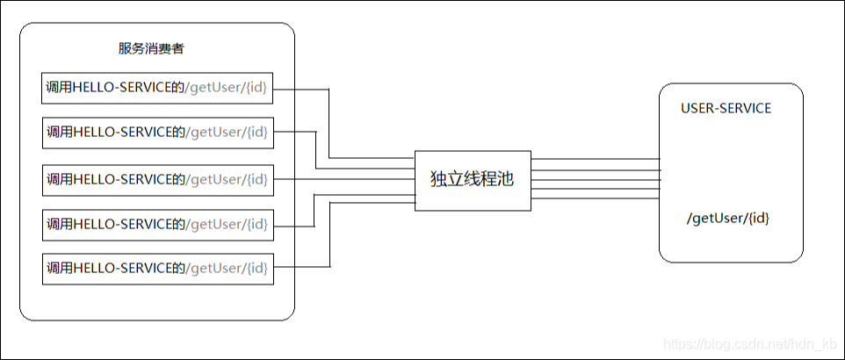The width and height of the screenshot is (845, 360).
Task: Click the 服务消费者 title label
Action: (x=151, y=48)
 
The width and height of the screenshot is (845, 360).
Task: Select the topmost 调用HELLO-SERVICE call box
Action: (x=158, y=88)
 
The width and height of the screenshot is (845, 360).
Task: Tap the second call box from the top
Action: (x=158, y=133)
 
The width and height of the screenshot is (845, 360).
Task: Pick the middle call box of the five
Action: (x=158, y=179)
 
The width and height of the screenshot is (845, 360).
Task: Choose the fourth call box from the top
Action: (x=158, y=224)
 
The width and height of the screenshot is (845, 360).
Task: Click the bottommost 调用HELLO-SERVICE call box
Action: (x=158, y=268)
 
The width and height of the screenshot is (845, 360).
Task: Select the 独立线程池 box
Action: (x=473, y=180)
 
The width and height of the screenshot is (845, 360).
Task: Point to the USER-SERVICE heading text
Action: (x=726, y=108)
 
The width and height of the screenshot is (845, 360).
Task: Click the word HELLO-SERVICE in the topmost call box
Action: (x=122, y=87)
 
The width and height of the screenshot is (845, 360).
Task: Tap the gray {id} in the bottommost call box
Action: (x=256, y=267)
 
